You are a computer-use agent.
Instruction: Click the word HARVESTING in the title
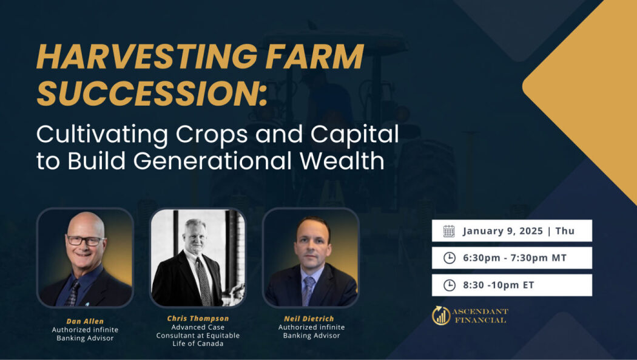click(147, 56)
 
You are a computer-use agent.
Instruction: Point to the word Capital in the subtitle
click(355, 134)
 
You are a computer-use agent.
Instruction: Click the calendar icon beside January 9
click(449, 231)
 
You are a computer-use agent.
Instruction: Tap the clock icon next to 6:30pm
click(450, 257)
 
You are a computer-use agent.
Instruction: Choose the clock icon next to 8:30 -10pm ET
click(450, 285)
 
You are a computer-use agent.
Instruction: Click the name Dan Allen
click(85, 321)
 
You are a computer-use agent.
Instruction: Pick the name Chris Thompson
click(198, 319)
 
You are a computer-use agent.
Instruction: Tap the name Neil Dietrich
click(309, 319)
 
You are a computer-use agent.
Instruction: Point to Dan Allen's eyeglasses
click(85, 240)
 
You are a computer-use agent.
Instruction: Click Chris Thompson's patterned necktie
click(203, 282)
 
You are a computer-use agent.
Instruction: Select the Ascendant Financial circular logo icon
click(441, 316)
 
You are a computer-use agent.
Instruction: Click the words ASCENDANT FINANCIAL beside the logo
click(480, 316)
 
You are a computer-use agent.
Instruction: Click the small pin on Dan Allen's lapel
click(87, 303)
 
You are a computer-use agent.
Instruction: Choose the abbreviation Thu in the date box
click(565, 231)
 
